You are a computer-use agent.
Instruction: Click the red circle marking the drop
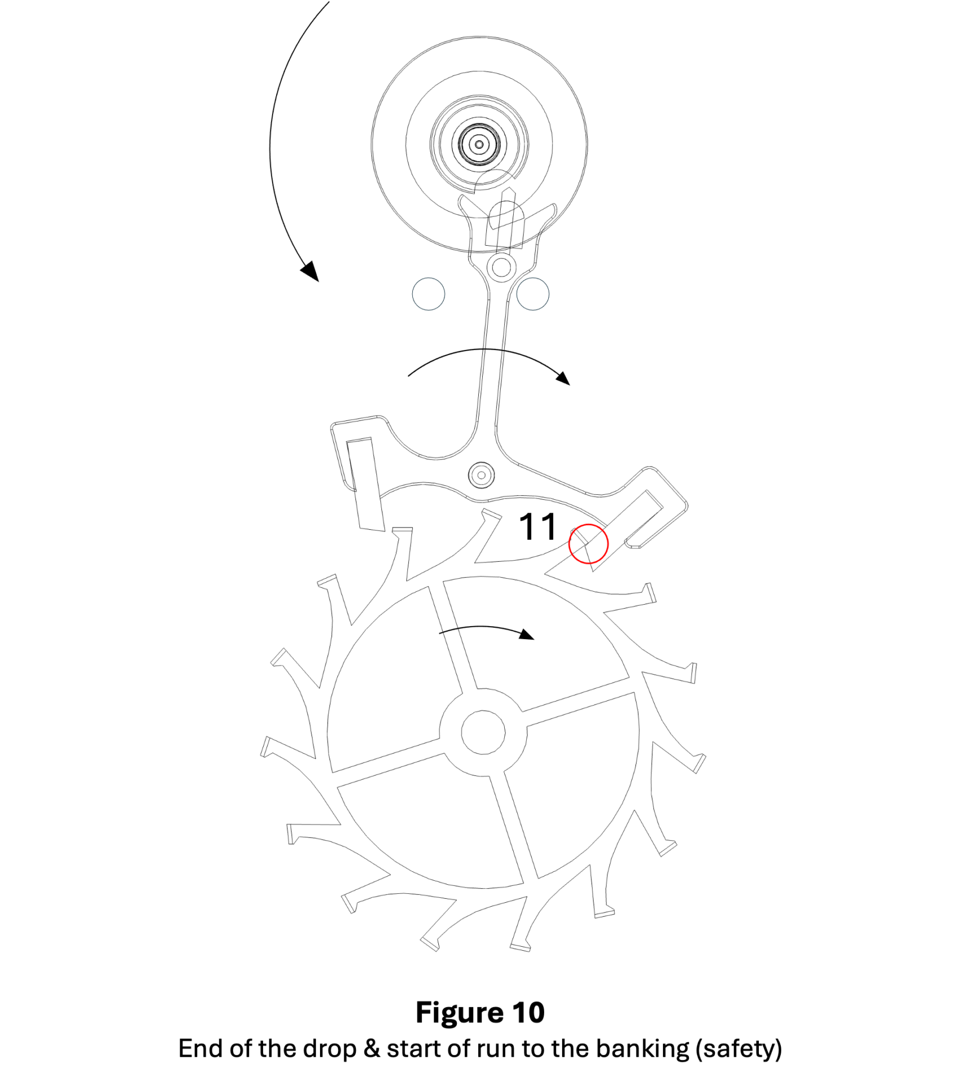click(x=588, y=544)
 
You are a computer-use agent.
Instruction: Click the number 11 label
click(x=537, y=527)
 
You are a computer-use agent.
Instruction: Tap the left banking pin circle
click(x=429, y=294)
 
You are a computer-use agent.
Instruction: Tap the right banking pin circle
click(x=533, y=294)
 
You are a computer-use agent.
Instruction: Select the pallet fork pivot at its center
click(x=482, y=475)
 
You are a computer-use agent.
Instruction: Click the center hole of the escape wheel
click(x=483, y=732)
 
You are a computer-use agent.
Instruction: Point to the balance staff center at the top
click(x=479, y=144)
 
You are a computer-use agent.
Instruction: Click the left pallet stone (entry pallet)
click(x=366, y=484)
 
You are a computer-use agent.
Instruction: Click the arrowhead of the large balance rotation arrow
click(x=310, y=271)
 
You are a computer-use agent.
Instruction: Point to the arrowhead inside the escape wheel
click(x=527, y=635)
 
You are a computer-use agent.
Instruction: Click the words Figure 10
click(x=480, y=1013)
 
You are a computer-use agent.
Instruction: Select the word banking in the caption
click(x=642, y=1049)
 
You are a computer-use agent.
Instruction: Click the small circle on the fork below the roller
click(x=501, y=267)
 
